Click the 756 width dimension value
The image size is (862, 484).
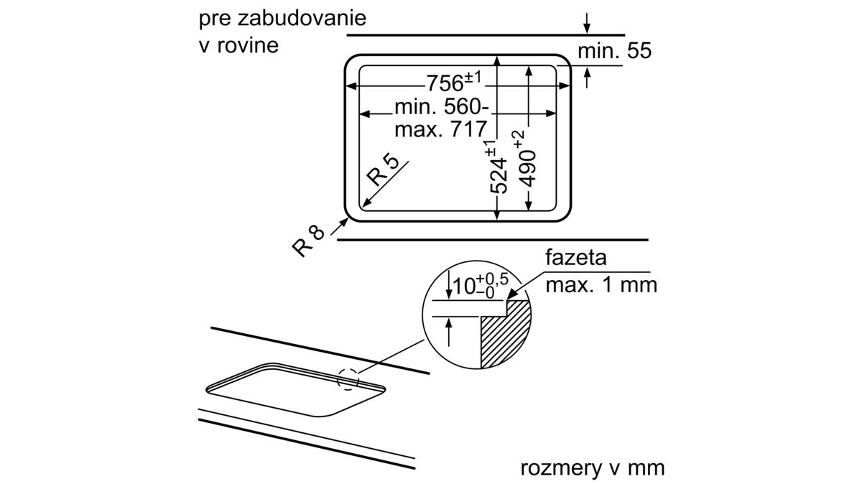tap(445, 83)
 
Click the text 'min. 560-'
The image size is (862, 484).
tap(442, 106)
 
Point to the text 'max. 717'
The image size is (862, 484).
tap(441, 129)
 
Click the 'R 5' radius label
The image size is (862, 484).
tap(383, 171)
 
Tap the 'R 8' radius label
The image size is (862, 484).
tap(308, 241)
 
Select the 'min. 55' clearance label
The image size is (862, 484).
tap(615, 51)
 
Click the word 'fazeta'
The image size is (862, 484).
tap(575, 257)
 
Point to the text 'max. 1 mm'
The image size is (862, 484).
tap(601, 285)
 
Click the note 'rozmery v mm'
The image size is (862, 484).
tap(593, 467)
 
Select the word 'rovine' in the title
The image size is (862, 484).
tap(248, 45)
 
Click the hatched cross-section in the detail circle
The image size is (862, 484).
tap(506, 334)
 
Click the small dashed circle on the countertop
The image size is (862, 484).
tap(348, 379)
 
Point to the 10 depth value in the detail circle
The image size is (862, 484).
tap(464, 287)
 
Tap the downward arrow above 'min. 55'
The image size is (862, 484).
tap(586, 23)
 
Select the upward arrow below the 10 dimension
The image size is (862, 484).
tap(448, 332)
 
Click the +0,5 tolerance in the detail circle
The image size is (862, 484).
tap(493, 279)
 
